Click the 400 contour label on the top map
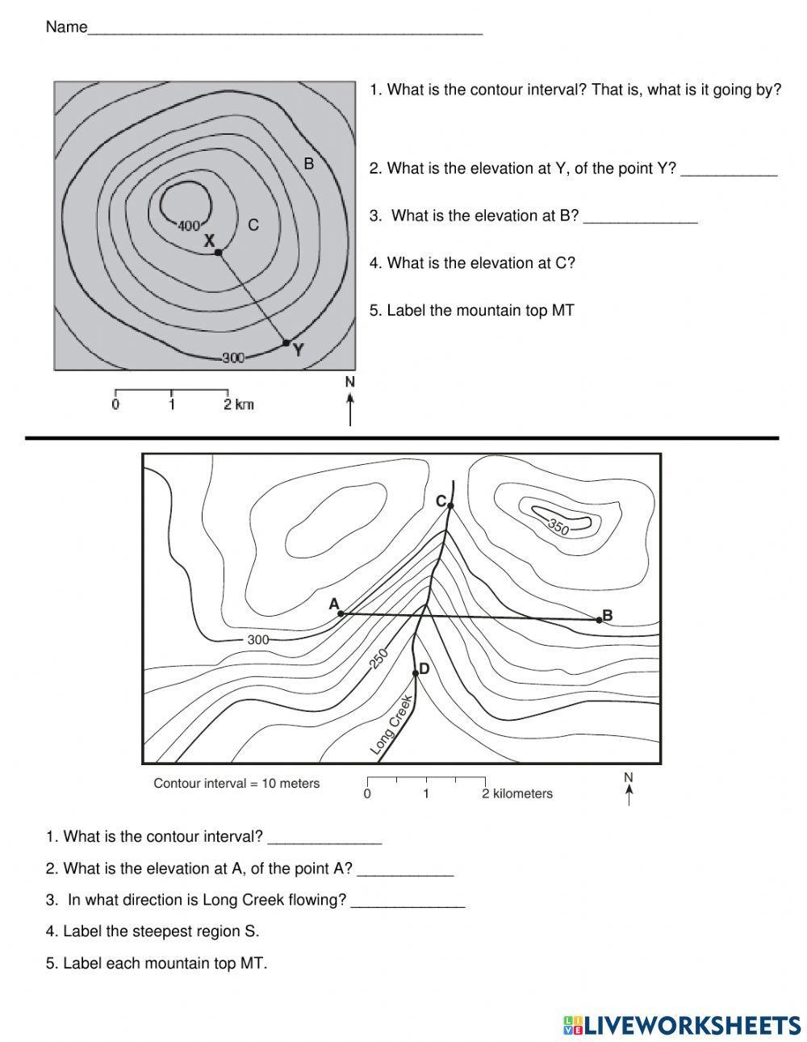coord(189,225)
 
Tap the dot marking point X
coord(218,253)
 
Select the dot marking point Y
coord(286,343)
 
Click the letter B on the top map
coord(308,164)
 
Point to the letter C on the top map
coord(253,225)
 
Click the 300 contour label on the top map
coord(233,358)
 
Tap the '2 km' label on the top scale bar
coord(239,404)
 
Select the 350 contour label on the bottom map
coord(558,527)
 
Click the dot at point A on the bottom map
coord(341,613)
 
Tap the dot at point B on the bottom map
coord(599,619)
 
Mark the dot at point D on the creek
coord(416,672)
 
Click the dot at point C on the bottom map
coord(450,506)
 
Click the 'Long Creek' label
coord(392,726)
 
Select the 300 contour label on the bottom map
coord(257,640)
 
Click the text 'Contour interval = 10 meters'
coord(236,783)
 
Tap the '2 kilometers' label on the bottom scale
coord(517,793)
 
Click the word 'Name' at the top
coord(66,27)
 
